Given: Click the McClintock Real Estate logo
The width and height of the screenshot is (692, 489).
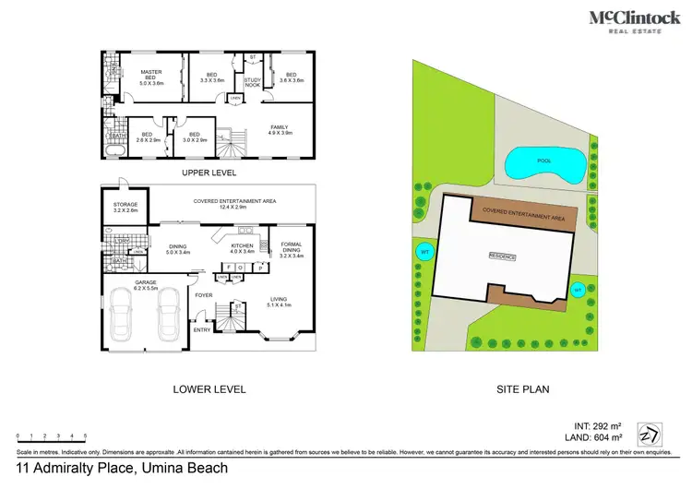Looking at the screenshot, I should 636,22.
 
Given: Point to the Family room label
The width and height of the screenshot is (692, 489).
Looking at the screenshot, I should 279,130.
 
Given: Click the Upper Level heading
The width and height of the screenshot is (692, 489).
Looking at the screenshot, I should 209,173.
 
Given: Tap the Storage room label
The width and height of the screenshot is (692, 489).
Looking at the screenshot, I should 125,208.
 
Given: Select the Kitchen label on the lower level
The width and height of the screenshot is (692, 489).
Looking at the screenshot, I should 241,248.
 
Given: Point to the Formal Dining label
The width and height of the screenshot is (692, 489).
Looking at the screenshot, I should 291,249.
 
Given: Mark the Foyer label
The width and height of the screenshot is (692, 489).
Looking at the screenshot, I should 204,296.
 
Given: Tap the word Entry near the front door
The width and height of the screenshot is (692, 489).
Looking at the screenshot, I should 201,329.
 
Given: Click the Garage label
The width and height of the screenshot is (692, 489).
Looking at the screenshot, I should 147,284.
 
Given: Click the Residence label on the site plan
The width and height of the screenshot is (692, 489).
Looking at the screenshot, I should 502,256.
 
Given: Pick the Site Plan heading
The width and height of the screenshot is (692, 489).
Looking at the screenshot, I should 522,389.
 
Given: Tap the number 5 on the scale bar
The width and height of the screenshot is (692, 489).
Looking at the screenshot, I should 86,435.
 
